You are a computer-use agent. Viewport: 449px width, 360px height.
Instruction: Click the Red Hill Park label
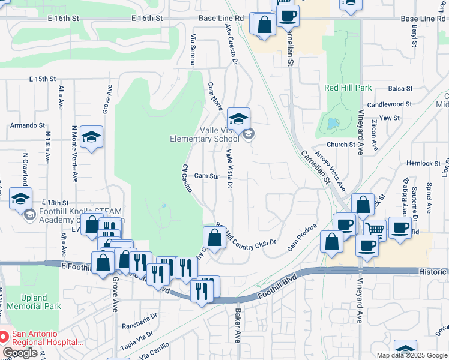point(348,88)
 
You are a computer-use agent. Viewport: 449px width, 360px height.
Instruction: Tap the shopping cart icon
point(375,230)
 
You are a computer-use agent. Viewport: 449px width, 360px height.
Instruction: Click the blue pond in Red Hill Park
point(332,124)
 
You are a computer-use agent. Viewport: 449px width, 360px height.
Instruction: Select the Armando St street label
point(28,126)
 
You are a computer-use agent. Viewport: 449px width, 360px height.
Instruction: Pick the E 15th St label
point(42,79)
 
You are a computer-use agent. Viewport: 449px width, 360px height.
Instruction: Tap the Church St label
point(340,145)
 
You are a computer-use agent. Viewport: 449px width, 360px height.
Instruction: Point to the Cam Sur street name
point(206,176)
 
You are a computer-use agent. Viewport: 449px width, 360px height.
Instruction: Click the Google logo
point(20,353)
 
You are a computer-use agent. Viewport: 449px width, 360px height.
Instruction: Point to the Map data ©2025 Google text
point(411,355)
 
